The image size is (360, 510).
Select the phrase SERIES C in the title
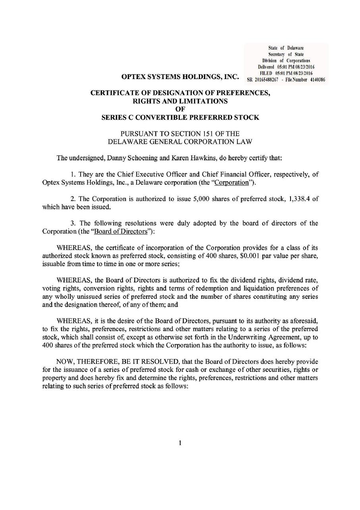coord(119,117)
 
